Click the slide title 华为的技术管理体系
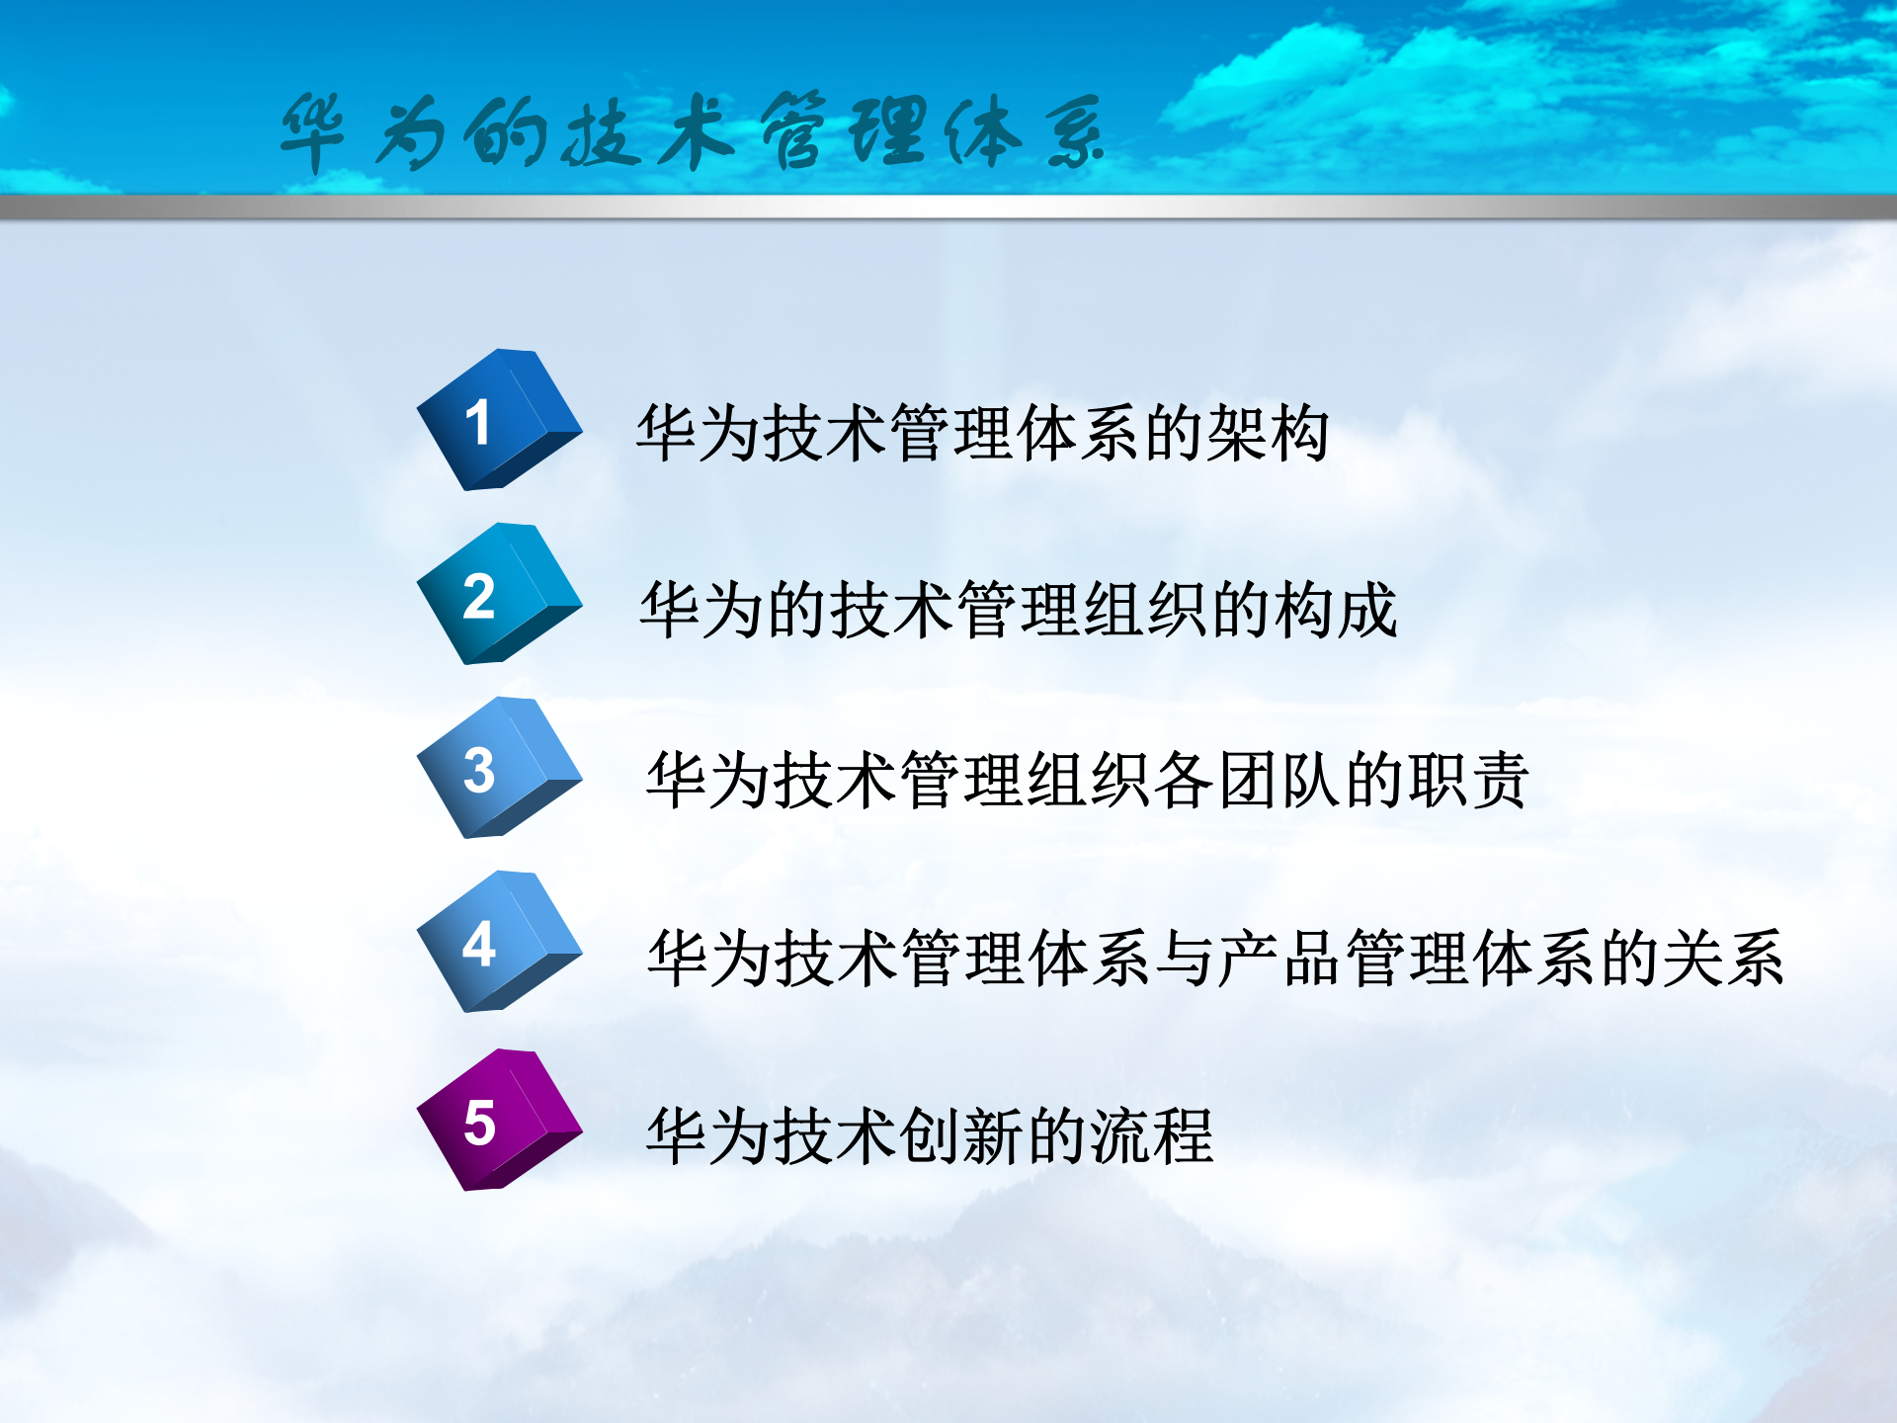(x=692, y=133)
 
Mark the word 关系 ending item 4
(x=1723, y=959)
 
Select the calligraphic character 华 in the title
(x=313, y=133)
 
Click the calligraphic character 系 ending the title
(x=1075, y=133)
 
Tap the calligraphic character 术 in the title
(x=697, y=133)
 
